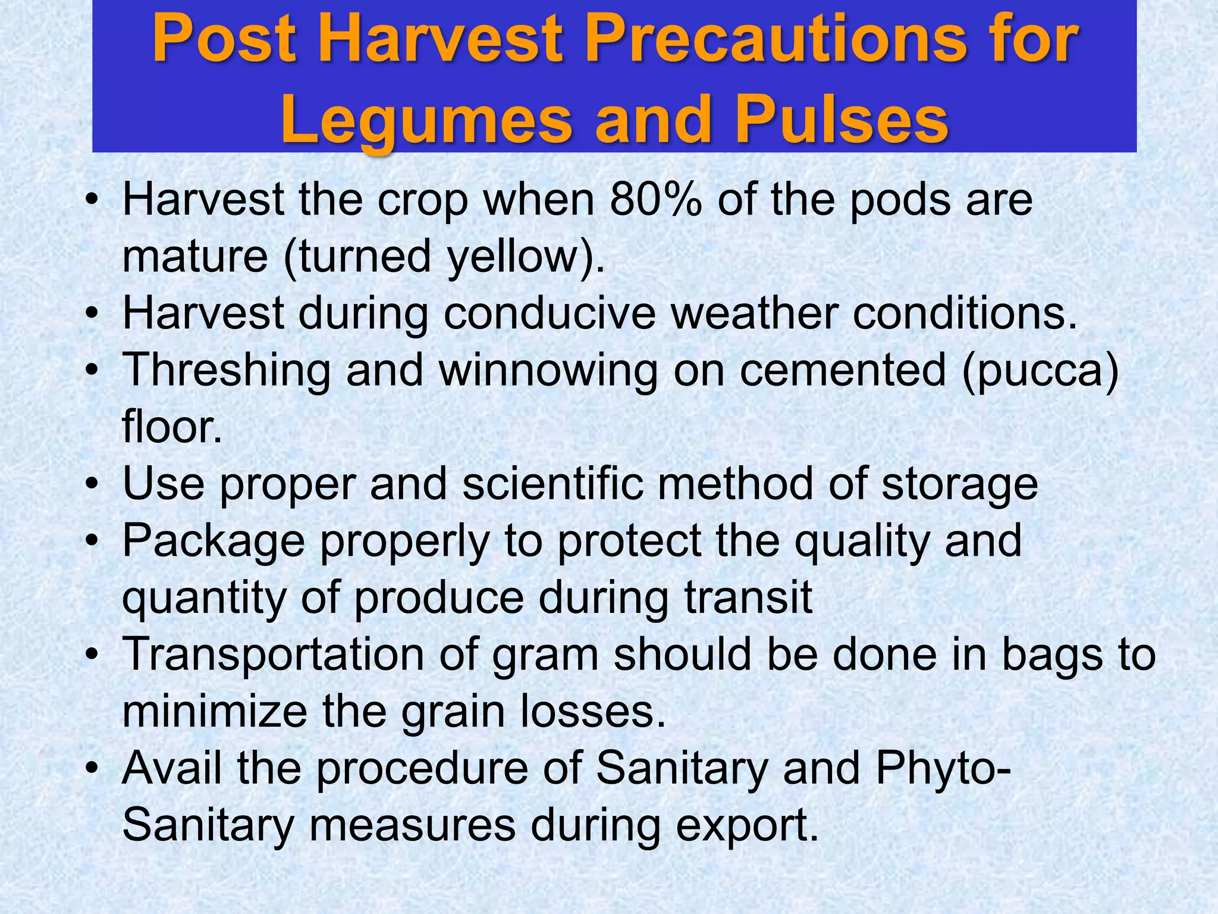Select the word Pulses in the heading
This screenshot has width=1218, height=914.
tap(841, 121)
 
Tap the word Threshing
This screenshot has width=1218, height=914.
tap(226, 370)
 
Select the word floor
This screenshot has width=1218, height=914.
tap(172, 427)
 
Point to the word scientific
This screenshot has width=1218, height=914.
tap(553, 483)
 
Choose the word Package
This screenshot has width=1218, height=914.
tap(214, 541)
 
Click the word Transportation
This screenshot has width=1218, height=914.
tap(273, 655)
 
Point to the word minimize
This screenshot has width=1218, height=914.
tap(214, 711)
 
